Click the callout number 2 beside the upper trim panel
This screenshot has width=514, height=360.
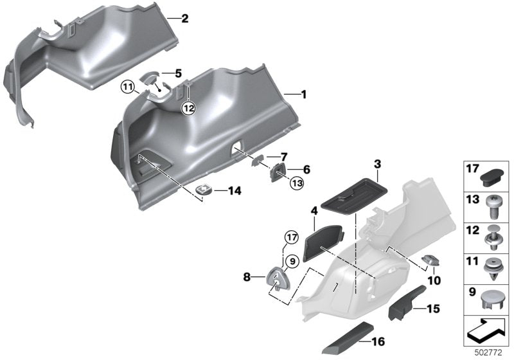(184, 19)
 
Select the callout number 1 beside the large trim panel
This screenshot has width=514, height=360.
(304, 94)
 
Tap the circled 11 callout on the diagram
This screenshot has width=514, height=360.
(127, 85)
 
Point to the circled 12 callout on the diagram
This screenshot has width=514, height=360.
(188, 108)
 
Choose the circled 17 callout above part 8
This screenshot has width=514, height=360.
(292, 237)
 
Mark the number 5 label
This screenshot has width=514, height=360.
(179, 74)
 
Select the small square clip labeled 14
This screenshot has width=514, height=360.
(204, 190)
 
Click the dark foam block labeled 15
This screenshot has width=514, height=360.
(405, 306)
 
